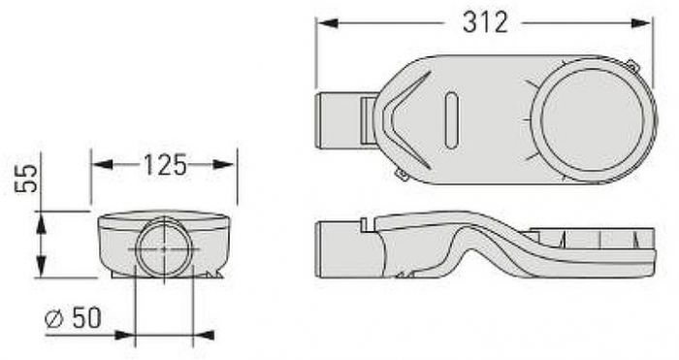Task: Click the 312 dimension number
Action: [x=485, y=22]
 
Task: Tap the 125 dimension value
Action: [x=165, y=165]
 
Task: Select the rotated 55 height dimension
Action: [x=27, y=178]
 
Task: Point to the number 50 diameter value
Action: [x=86, y=317]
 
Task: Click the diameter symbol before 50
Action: [x=54, y=319]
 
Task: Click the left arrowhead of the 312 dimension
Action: [x=328, y=23]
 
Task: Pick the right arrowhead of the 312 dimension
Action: [x=640, y=23]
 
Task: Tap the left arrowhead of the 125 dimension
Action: [x=103, y=165]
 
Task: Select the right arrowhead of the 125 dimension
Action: [x=224, y=165]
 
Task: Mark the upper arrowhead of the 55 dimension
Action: [x=41, y=222]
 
